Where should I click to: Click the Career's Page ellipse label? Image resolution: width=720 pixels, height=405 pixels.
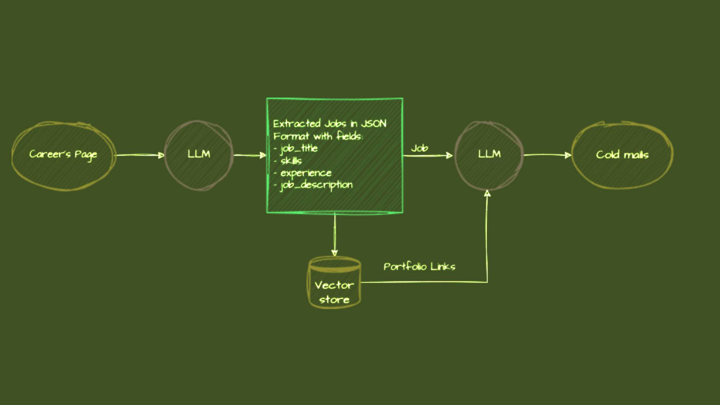(x=63, y=154)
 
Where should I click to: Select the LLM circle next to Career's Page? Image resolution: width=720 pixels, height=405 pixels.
(x=199, y=154)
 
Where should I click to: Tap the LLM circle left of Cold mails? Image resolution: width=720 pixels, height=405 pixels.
(x=489, y=154)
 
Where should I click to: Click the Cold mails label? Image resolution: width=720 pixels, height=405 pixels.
(x=622, y=155)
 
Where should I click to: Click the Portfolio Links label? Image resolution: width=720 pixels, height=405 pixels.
(x=419, y=267)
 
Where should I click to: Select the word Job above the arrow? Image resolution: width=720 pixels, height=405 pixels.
(x=419, y=148)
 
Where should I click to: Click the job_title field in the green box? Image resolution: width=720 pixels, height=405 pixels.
(x=299, y=148)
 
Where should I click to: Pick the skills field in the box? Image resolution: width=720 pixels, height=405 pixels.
(x=291, y=161)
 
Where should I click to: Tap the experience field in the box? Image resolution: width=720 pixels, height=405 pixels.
(x=306, y=173)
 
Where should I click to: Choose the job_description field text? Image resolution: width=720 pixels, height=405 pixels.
(x=316, y=185)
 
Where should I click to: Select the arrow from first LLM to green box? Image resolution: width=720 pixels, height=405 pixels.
(x=249, y=155)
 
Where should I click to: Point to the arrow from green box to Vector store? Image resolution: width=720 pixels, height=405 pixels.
(x=334, y=234)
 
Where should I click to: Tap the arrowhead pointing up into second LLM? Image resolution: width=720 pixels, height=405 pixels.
(x=487, y=194)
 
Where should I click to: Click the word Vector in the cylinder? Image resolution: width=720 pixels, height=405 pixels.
(x=334, y=285)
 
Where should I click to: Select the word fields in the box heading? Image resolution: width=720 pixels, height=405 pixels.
(x=349, y=136)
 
